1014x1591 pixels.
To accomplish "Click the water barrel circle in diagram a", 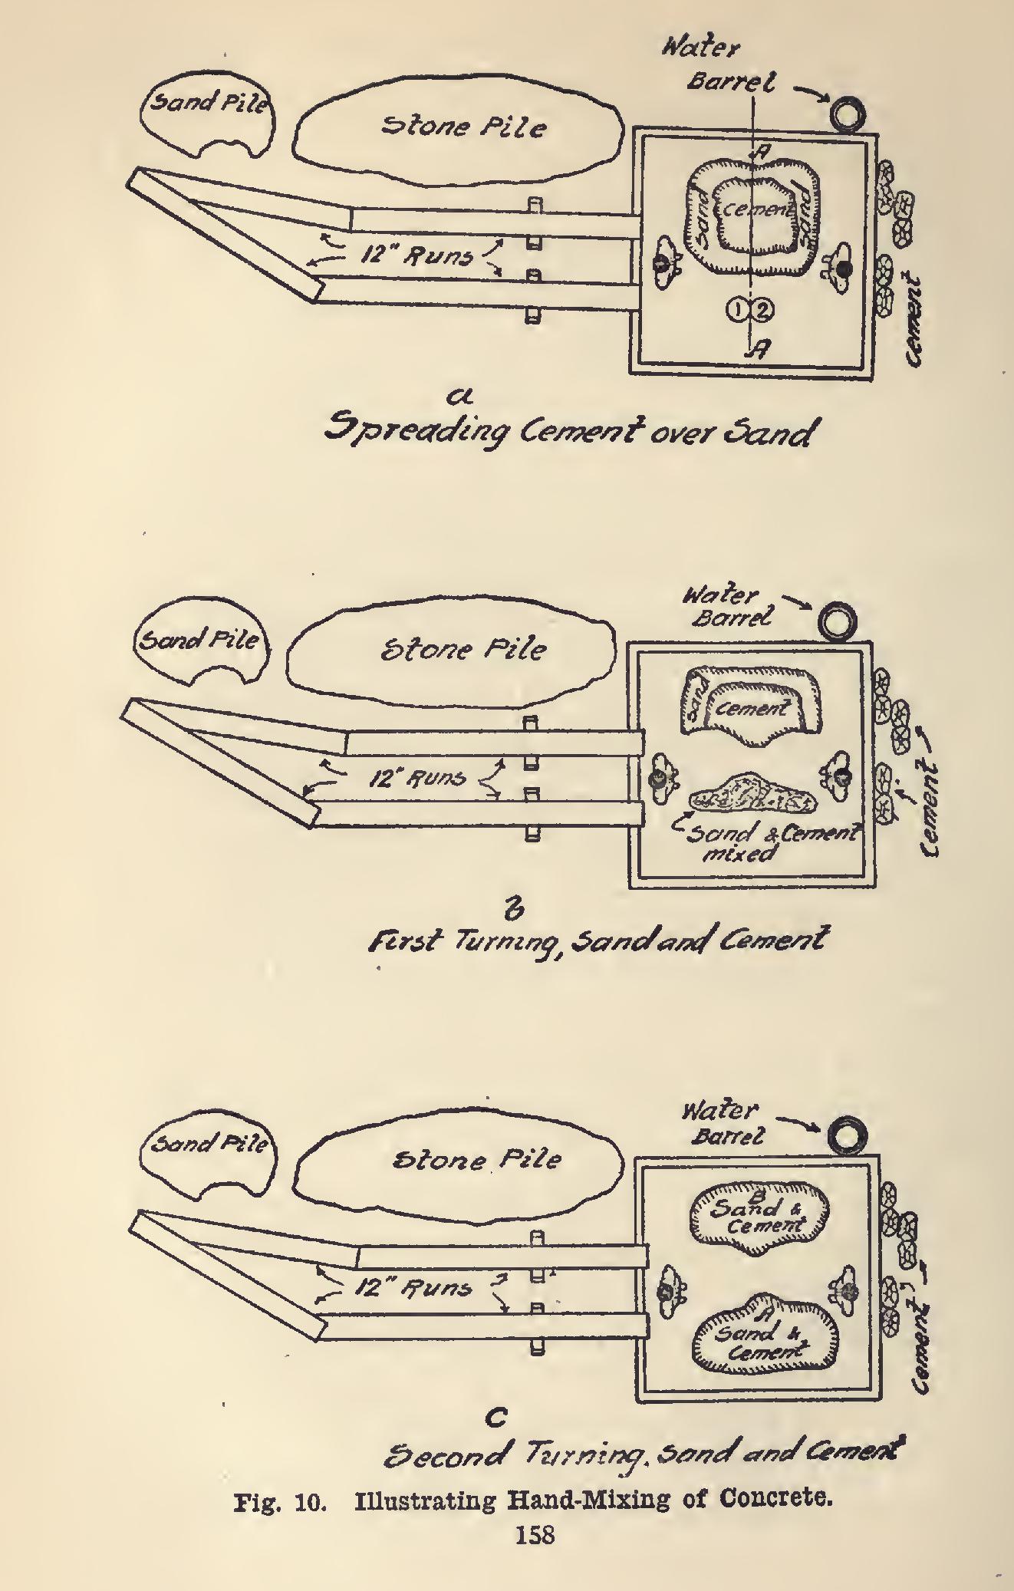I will click(x=848, y=114).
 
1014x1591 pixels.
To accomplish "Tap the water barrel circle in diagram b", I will click(x=836, y=621).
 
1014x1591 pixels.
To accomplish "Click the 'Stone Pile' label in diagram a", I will click(x=463, y=125).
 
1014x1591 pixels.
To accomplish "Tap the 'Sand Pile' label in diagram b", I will click(x=197, y=639).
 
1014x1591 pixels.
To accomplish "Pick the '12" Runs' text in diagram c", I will click(x=412, y=1287).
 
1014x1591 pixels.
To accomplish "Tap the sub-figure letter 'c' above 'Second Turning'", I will click(x=496, y=1418).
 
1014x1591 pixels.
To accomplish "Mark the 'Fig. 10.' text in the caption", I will click(x=281, y=1501).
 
